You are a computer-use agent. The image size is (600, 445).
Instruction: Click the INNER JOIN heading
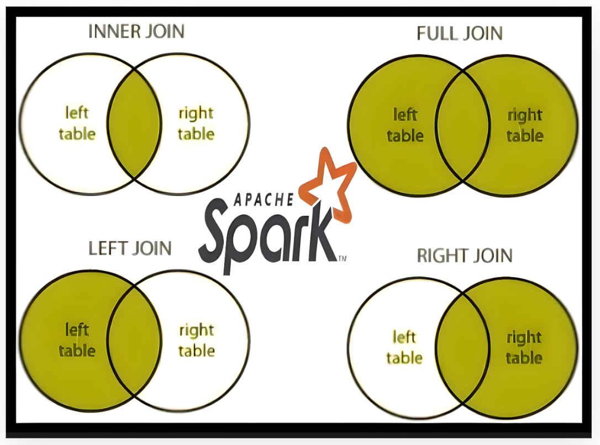point(136,31)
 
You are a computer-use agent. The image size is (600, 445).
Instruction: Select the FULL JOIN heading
point(460,34)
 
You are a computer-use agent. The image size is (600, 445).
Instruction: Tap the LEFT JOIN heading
point(130,248)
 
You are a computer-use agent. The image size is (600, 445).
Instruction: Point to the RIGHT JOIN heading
point(465,256)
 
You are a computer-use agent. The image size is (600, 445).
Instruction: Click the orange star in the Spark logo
point(330,184)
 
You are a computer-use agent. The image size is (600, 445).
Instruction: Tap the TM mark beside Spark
point(342,257)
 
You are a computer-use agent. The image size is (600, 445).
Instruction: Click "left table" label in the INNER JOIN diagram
point(77,124)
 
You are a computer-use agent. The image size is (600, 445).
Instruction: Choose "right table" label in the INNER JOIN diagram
point(196,124)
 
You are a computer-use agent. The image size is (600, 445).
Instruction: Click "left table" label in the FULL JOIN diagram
point(405,125)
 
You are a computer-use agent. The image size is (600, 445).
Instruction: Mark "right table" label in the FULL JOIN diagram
point(525,125)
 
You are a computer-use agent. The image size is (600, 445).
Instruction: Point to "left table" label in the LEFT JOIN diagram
point(77,340)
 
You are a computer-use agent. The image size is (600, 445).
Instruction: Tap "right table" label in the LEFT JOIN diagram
point(196,341)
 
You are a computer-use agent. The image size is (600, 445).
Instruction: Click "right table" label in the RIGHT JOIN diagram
point(524,347)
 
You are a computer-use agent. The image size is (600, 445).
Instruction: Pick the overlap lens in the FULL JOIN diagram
point(463,126)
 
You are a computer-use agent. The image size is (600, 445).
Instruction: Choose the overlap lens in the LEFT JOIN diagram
point(134,340)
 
